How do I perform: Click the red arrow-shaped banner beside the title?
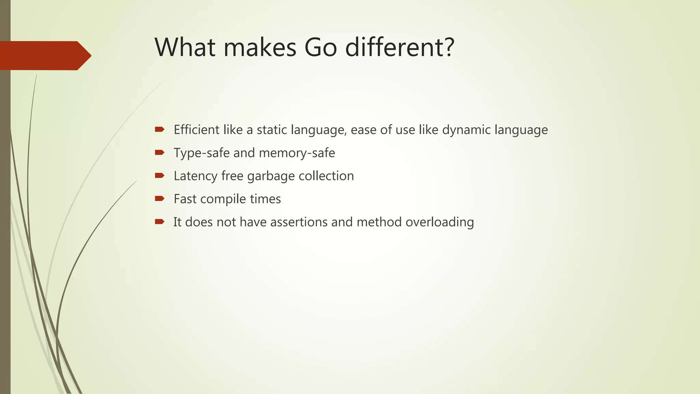click(x=44, y=55)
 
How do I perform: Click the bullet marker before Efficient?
click(x=159, y=129)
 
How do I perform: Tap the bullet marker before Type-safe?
click(x=159, y=152)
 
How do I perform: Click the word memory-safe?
click(x=297, y=153)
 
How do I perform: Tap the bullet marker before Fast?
click(x=159, y=198)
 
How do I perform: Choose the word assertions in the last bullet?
click(x=299, y=222)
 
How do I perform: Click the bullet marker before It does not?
click(x=159, y=222)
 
